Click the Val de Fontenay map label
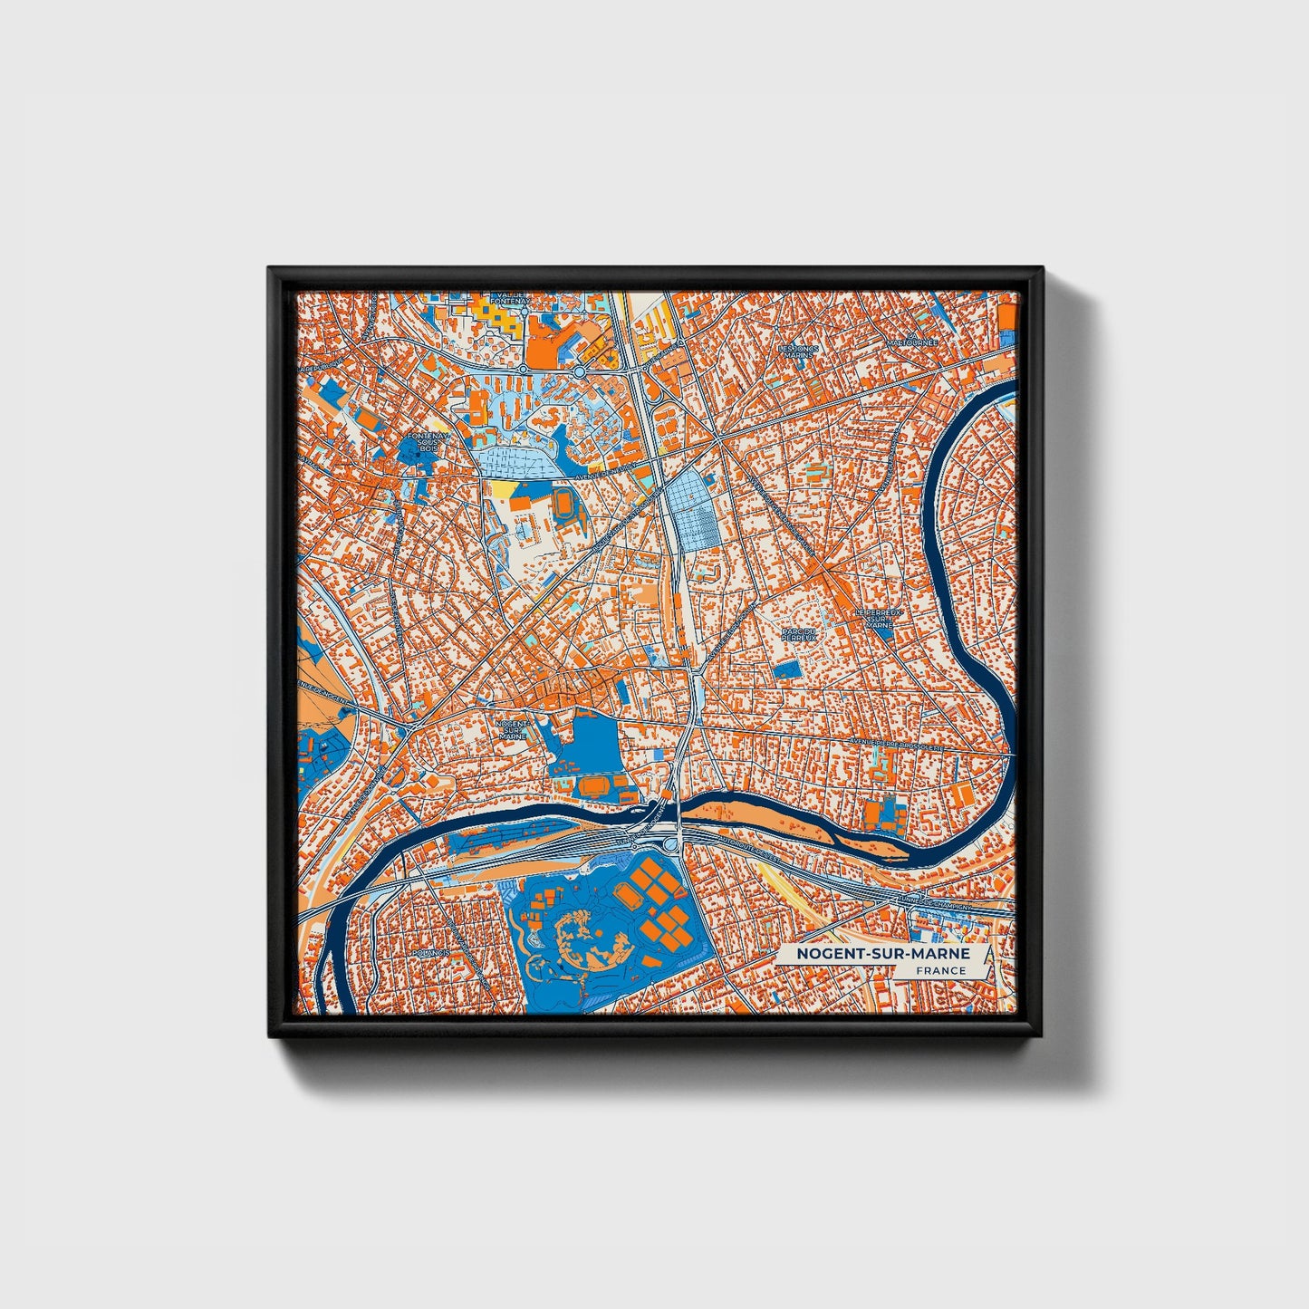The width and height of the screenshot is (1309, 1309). (x=506, y=298)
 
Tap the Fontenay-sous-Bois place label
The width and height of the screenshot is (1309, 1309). (x=422, y=442)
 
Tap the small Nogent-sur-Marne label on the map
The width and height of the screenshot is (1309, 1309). (x=512, y=729)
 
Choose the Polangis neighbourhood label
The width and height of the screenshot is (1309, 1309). (x=429, y=954)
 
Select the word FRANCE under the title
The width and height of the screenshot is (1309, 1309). (x=939, y=971)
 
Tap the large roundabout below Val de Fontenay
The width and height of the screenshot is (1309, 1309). (x=579, y=371)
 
